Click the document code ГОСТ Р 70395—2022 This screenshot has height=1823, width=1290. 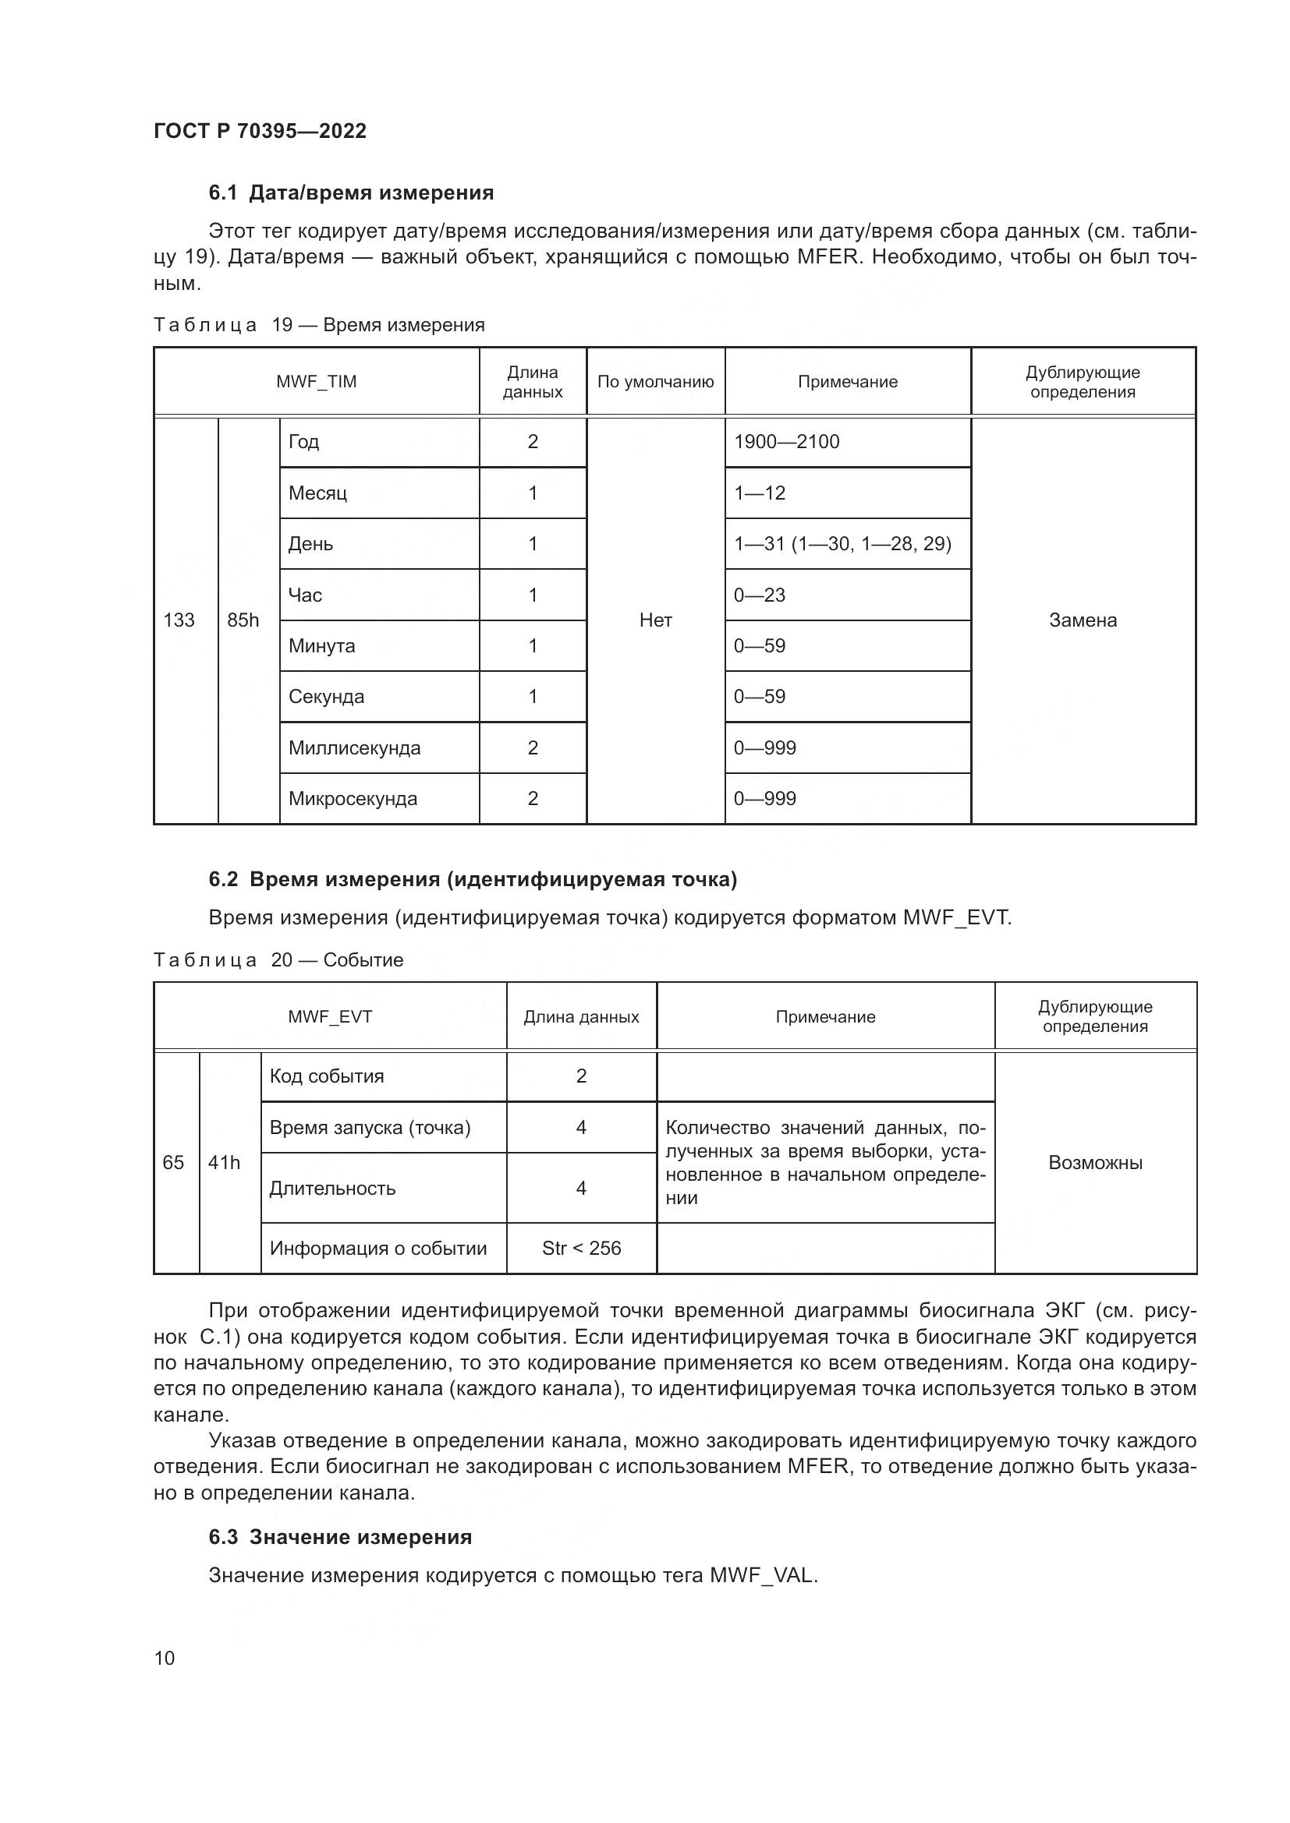pyautogui.click(x=260, y=131)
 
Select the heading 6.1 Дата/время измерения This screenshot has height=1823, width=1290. pyautogui.click(x=351, y=193)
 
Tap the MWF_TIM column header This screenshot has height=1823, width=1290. pyautogui.click(x=316, y=382)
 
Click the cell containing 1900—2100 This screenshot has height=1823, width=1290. pyautogui.click(x=786, y=442)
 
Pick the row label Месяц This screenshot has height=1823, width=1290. pyautogui.click(x=317, y=493)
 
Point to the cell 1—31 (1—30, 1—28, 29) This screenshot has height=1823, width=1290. pyautogui.click(x=842, y=544)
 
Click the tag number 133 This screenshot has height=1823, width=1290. pyautogui.click(x=179, y=620)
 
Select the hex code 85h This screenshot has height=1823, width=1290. pyautogui.click(x=243, y=620)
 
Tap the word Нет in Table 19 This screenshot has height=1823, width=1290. pyautogui.click(x=655, y=620)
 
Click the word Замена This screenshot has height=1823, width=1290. pyautogui.click(x=1083, y=620)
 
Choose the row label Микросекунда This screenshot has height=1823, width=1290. pyautogui.click(x=353, y=799)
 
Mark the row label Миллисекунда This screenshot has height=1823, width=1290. pyautogui.click(x=354, y=748)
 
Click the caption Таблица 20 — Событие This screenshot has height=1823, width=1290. pyautogui.click(x=278, y=960)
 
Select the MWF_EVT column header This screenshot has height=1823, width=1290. pyautogui.click(x=330, y=1017)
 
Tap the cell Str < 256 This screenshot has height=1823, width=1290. pyautogui.click(x=582, y=1248)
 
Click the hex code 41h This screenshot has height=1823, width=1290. pyautogui.click(x=224, y=1162)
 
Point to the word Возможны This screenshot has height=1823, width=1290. pyautogui.click(x=1095, y=1162)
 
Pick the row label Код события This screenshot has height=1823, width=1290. pyautogui.click(x=327, y=1076)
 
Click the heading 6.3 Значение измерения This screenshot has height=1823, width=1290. pyautogui.click(x=340, y=1537)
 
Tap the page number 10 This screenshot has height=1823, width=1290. pyautogui.click(x=165, y=1658)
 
